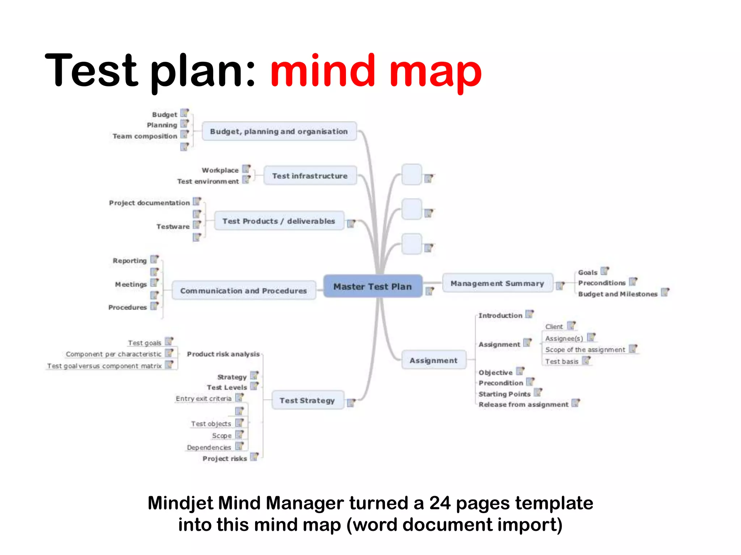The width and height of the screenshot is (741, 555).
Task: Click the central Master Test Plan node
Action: click(373, 287)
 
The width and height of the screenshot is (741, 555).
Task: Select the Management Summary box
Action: click(497, 283)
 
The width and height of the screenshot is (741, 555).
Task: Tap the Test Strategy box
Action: click(307, 400)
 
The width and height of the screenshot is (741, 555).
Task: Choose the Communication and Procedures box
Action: click(244, 291)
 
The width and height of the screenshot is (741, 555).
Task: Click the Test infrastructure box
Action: click(310, 176)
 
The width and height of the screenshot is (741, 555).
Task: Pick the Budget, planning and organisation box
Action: click(279, 132)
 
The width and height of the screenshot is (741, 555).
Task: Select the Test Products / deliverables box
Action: click(279, 221)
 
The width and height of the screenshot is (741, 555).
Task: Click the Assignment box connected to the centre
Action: click(433, 360)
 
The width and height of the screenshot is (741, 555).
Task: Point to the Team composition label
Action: click(145, 136)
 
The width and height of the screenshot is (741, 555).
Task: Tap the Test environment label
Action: click(208, 181)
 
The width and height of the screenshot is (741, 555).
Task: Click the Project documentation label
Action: click(149, 203)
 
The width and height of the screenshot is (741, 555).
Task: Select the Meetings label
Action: click(131, 284)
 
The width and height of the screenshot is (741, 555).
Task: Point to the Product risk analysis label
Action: click(223, 354)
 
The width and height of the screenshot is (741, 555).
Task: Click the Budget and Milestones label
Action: click(618, 294)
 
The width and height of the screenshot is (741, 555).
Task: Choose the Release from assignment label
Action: click(523, 405)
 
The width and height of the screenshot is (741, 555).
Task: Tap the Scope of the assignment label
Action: click(585, 350)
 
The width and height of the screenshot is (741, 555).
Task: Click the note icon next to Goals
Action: click(605, 271)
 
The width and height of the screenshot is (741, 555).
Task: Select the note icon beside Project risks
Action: click(254, 457)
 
